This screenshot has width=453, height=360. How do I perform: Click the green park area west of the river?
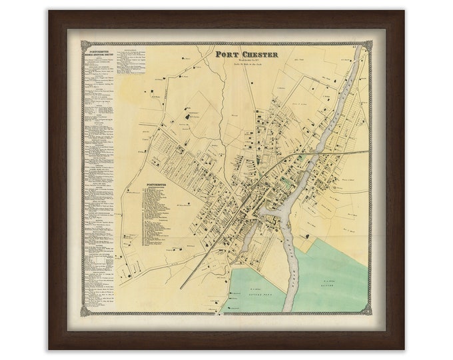point(253,287)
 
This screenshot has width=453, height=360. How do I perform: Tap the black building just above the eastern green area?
point(308,236)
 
